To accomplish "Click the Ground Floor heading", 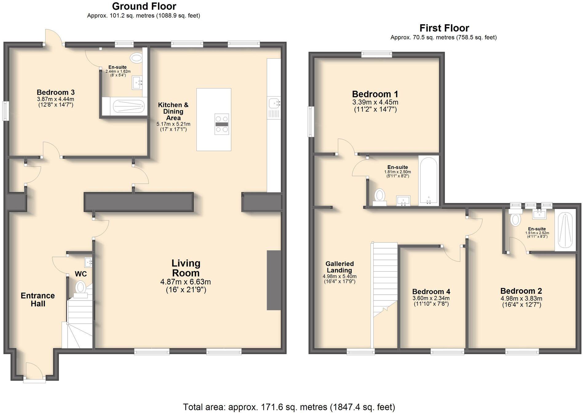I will tap(144, 6).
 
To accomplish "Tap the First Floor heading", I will tap(444, 28).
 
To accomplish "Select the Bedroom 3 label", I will tap(56, 92).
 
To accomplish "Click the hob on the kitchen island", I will tap(222, 124).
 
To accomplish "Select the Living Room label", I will tap(186, 268).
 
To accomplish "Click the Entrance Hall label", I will tap(38, 300).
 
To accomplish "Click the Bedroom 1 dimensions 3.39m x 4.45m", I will tap(375, 102).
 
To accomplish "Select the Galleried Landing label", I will tap(339, 267).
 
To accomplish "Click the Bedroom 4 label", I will tap(431, 291).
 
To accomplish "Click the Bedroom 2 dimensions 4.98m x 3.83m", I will tap(521, 298).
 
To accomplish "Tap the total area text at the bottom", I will tap(289, 407).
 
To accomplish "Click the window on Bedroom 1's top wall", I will tap(376, 54).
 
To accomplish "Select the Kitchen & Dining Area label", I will tap(173, 111).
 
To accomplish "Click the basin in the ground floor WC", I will tap(89, 262).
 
